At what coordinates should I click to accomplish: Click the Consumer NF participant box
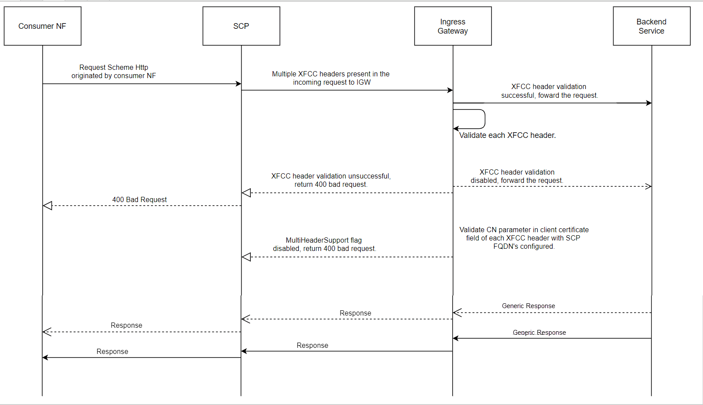tap(42, 26)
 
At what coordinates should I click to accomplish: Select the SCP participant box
tap(241, 26)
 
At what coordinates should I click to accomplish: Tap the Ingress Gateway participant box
tap(453, 26)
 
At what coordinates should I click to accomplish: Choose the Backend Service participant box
tap(652, 26)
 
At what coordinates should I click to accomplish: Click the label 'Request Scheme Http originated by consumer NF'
tap(113, 72)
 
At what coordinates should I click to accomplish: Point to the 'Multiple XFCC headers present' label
tap(331, 78)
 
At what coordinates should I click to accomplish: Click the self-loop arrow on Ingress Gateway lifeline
tap(484, 119)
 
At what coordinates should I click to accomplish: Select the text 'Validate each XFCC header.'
tap(507, 135)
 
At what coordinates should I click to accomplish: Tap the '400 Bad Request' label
tap(139, 199)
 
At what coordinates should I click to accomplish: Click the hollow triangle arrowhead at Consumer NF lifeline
tap(48, 206)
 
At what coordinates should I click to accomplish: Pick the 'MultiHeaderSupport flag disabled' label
tap(324, 244)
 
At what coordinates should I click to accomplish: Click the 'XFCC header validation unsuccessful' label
tap(331, 180)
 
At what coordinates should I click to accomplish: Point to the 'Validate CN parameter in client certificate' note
tap(523, 238)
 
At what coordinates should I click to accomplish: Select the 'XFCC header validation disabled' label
tap(517, 176)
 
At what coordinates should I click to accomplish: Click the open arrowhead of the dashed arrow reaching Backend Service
tap(648, 186)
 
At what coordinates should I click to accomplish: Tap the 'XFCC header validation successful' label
tap(549, 91)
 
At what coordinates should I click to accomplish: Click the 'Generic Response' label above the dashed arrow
tap(528, 306)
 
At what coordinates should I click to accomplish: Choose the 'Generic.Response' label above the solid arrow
tap(539, 333)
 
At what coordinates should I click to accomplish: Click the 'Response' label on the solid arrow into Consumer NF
tap(112, 352)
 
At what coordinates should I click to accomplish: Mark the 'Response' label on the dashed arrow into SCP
tap(355, 313)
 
